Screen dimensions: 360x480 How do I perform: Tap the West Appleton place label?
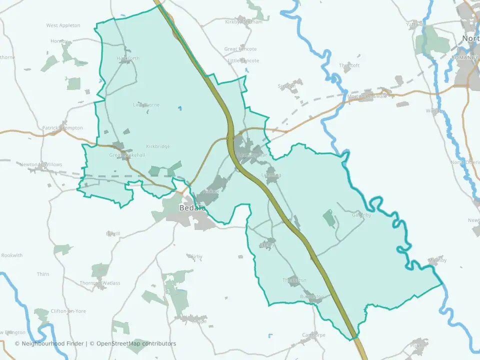point(63,25)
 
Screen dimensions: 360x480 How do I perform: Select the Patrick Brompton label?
point(62,128)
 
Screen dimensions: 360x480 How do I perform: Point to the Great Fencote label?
point(240,49)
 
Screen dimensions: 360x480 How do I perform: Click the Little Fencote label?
point(243,60)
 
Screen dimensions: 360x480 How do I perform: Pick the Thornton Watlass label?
point(100,283)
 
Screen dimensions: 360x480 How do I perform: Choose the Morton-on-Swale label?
point(367,96)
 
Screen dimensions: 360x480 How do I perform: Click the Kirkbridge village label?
point(158,146)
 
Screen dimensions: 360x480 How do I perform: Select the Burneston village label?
point(312,296)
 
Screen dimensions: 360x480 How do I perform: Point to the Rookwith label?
point(12,255)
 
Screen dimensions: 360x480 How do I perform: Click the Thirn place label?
point(43,274)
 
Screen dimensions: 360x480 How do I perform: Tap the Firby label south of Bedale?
point(196,257)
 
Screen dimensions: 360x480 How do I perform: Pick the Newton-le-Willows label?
point(40,164)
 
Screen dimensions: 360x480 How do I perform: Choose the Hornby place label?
point(58,41)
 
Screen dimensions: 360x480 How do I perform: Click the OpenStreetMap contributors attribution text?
point(136,343)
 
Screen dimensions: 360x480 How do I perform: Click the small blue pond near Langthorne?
point(179,107)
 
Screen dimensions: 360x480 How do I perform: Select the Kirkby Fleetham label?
point(243,22)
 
